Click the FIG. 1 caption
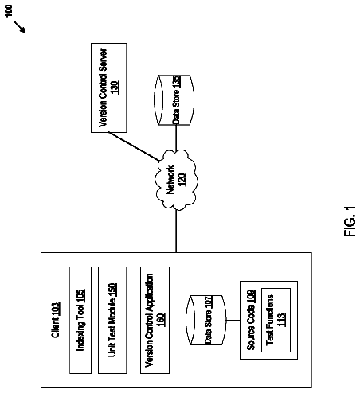(x=350, y=221)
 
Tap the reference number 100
(x=9, y=10)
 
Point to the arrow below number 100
(x=20, y=27)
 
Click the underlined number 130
(x=115, y=88)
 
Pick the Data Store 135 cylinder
(x=174, y=99)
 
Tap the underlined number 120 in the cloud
(x=182, y=180)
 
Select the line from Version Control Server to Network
(x=134, y=146)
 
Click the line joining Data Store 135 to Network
(x=176, y=138)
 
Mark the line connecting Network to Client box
(x=176, y=232)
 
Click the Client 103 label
(x=56, y=320)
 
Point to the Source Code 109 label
(x=251, y=320)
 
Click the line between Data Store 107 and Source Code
(x=233, y=321)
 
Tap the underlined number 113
(x=282, y=320)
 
